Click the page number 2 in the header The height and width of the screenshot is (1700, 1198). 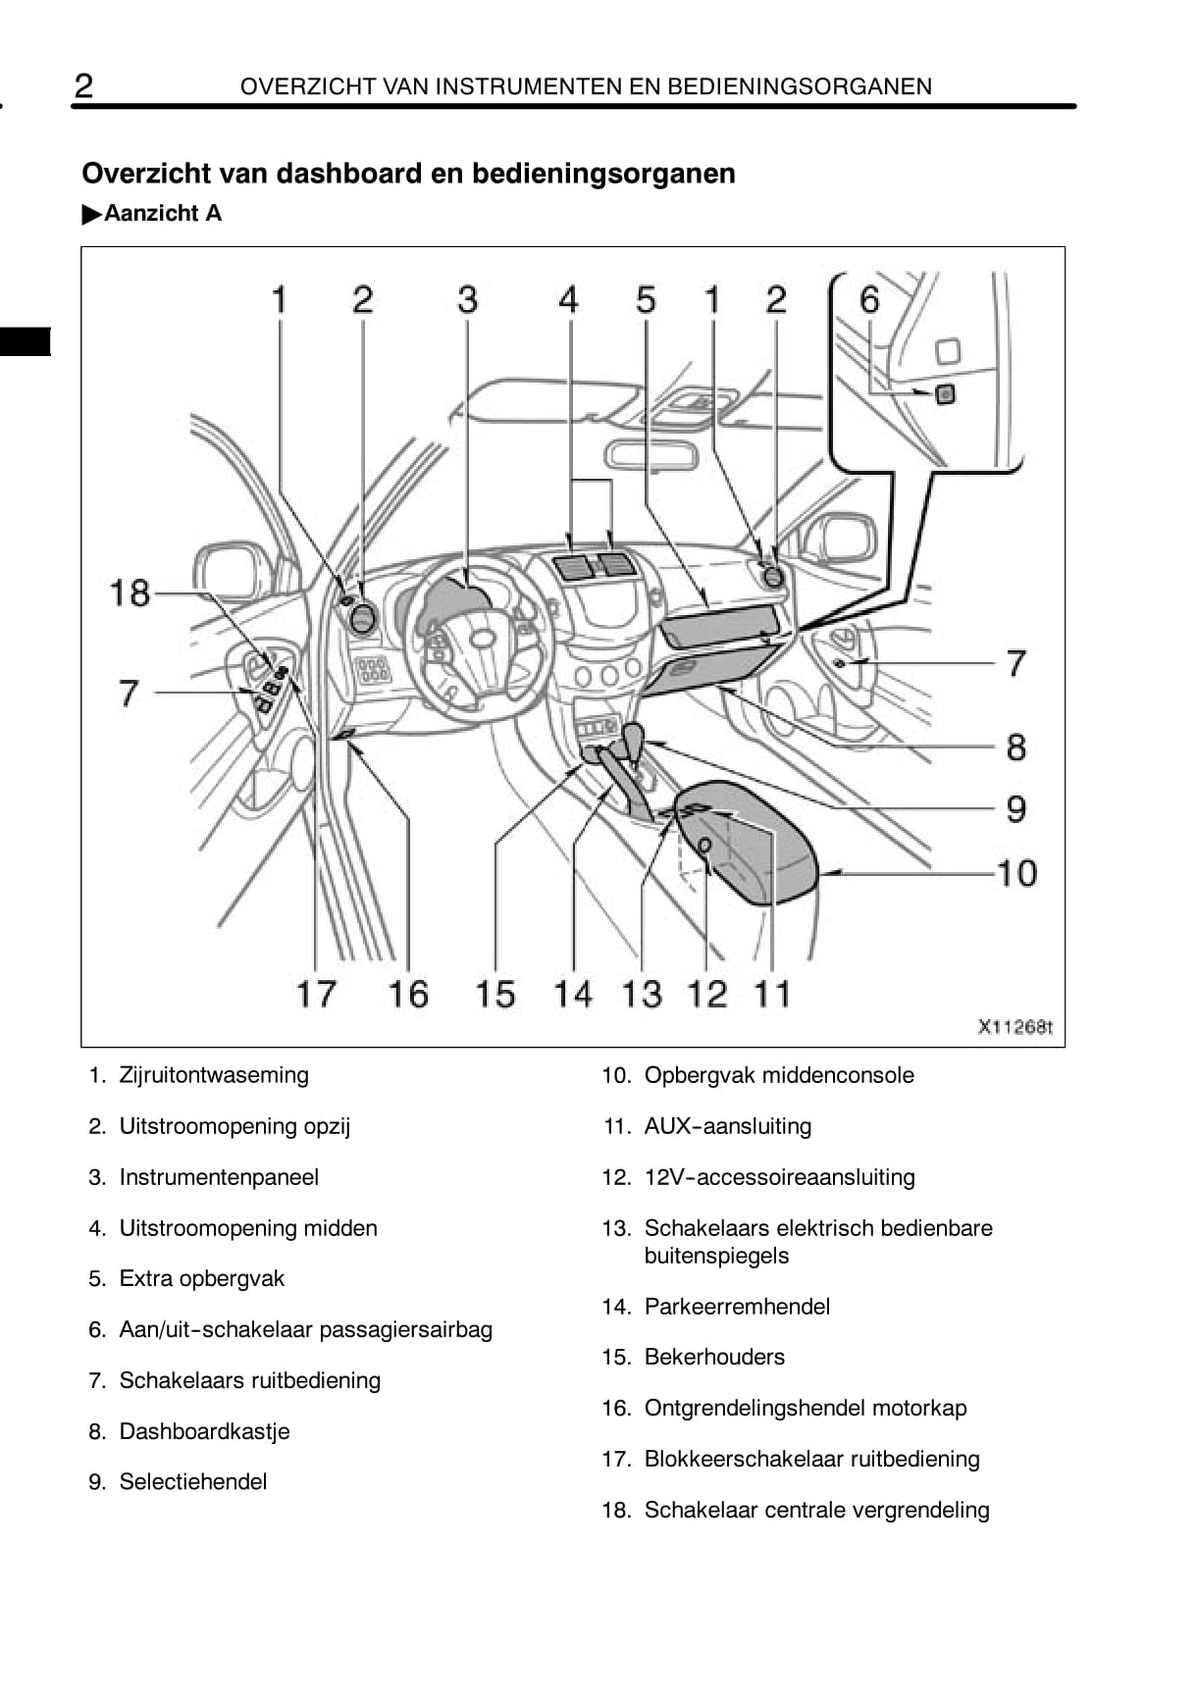click(84, 86)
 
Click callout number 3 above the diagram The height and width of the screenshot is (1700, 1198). click(467, 299)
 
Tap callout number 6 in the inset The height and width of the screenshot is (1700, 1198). click(869, 299)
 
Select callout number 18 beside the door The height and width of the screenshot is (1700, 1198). click(130, 593)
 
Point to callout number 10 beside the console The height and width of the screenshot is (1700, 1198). click(1016, 873)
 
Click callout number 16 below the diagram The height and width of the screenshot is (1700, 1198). click(408, 994)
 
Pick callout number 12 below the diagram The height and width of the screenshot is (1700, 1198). click(706, 994)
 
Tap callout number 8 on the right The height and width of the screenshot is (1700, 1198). click(1016, 747)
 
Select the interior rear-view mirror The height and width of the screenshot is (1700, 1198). click(650, 455)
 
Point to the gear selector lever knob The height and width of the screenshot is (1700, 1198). click(633, 736)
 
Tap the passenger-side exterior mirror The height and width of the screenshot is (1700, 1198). click(840, 538)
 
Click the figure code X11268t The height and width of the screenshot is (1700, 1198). click(1015, 1027)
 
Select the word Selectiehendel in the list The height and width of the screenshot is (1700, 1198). click(193, 1481)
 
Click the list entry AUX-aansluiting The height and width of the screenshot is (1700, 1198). click(727, 1126)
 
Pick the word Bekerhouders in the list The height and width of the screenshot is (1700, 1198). click(714, 1357)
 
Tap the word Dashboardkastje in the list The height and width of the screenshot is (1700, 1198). click(204, 1431)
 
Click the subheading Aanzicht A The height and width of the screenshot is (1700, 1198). click(163, 213)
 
